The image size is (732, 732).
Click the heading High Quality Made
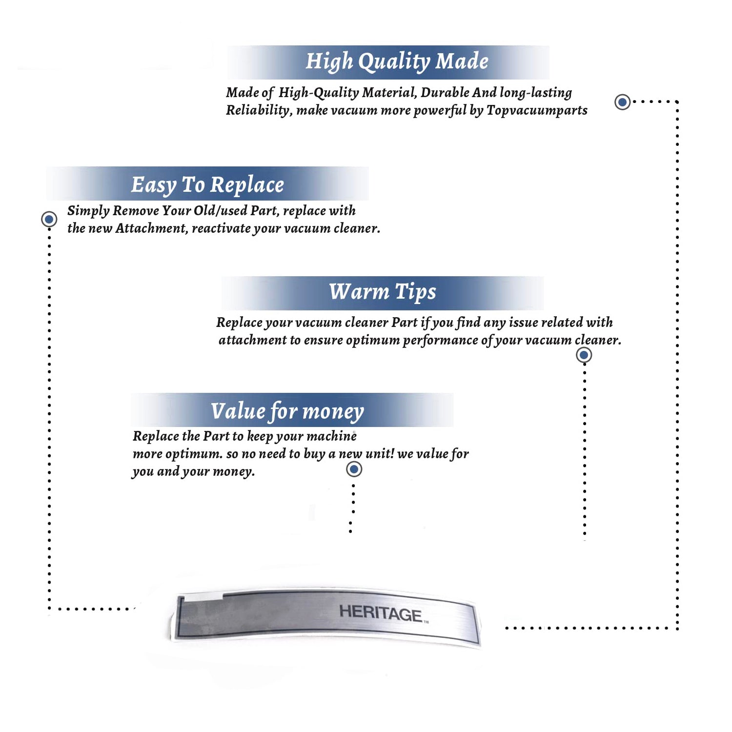(397, 62)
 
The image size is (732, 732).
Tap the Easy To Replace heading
(207, 185)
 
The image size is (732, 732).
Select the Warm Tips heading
(382, 292)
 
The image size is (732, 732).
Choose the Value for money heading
(287, 411)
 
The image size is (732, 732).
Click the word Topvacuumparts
(537, 111)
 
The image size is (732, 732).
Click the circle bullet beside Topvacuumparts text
(622, 102)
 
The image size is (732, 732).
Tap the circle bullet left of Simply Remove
(49, 219)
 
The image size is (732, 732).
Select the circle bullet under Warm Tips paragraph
(584, 355)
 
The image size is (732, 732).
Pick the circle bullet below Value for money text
(354, 469)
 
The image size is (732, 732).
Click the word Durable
(445, 92)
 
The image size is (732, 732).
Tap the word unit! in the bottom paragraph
(379, 453)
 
